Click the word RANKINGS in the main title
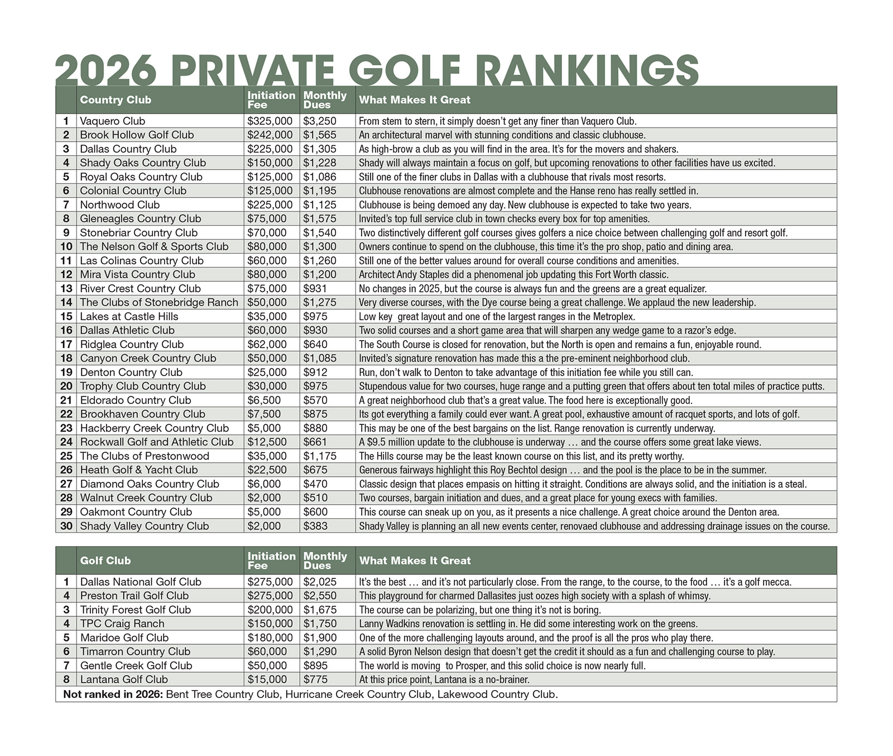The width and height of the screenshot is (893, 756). click(588, 71)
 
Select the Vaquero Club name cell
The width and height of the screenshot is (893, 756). click(112, 121)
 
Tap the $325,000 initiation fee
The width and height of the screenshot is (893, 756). click(270, 121)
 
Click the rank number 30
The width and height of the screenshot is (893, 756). click(66, 526)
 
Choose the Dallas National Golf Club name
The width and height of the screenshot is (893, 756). click(141, 582)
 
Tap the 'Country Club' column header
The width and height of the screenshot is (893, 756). click(116, 100)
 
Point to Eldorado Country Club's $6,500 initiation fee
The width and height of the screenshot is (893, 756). click(264, 400)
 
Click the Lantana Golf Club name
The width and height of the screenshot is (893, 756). click(124, 680)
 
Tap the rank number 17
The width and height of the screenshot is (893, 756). click(66, 344)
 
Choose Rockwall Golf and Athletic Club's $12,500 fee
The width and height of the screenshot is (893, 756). click(267, 442)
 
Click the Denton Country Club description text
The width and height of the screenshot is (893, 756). click(526, 372)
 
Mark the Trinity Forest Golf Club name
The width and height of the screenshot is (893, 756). click(136, 610)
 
